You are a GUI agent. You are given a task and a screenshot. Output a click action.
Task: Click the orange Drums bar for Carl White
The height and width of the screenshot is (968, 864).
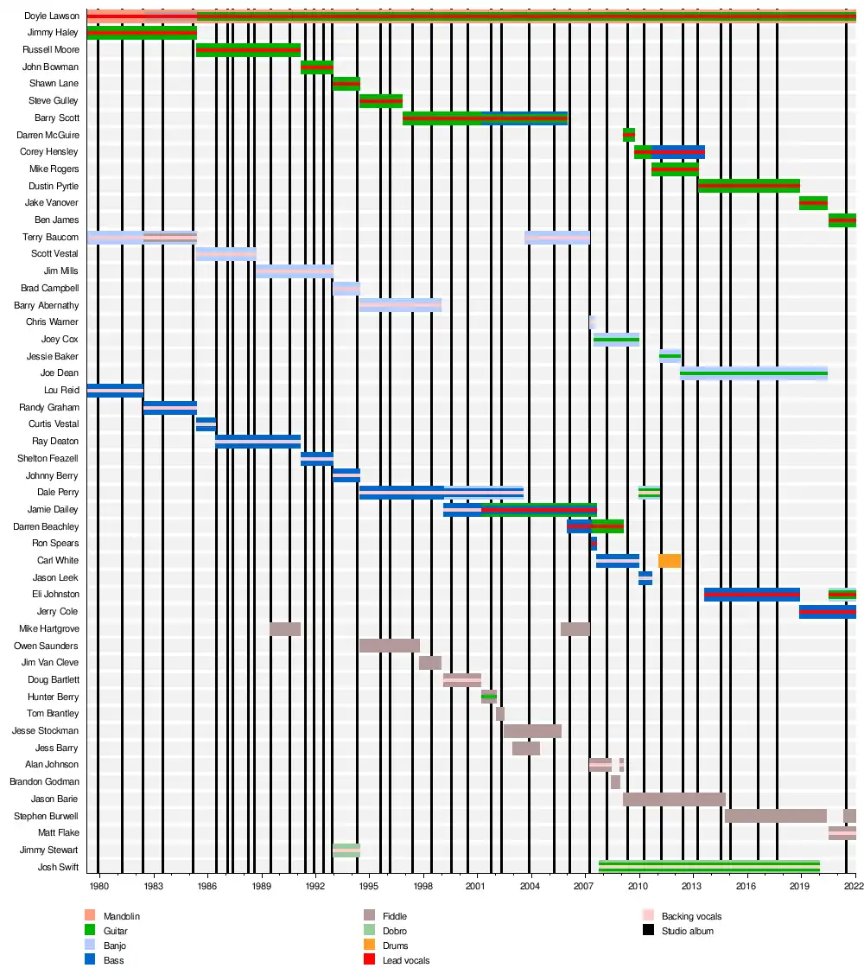pos(669,561)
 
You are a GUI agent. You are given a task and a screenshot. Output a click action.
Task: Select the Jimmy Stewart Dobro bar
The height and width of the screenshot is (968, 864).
pos(346,850)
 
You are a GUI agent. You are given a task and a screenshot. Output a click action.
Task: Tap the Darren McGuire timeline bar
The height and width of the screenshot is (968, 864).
pos(628,135)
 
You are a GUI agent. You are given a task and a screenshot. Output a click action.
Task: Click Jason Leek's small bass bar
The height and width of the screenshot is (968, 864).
pos(645,577)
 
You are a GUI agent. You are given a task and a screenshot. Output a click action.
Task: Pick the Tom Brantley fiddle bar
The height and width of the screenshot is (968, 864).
pos(499,714)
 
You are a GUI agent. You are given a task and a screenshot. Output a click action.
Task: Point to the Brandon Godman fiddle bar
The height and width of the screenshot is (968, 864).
pos(615,781)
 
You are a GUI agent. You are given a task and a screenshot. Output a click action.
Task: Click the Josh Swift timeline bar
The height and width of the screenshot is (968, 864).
pos(708,867)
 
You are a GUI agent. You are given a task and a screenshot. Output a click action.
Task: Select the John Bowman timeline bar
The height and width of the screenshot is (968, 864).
pos(316,67)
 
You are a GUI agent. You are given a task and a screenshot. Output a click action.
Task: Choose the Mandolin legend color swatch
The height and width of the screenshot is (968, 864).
pos(91,916)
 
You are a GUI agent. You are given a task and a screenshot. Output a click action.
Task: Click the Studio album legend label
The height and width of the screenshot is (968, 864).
pos(687,931)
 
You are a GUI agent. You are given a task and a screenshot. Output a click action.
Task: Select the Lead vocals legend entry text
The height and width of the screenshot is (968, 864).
pos(405,960)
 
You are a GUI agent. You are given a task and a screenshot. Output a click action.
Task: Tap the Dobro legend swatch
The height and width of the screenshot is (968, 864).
pos(369,931)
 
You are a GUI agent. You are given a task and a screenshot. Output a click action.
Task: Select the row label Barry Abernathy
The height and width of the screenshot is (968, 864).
pos(46,305)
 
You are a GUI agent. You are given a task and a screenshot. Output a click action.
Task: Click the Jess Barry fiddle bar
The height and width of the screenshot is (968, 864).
pos(525,748)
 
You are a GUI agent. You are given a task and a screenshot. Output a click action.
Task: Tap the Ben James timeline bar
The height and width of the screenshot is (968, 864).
pos(842,220)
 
